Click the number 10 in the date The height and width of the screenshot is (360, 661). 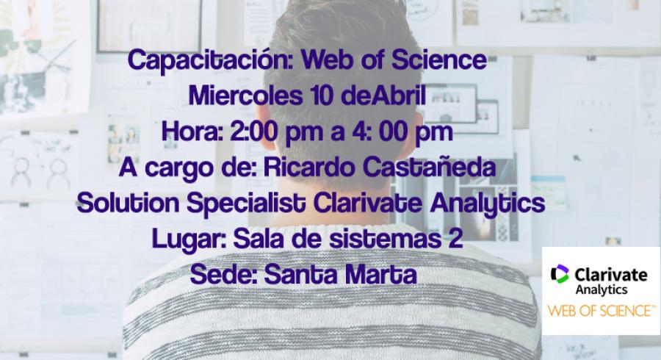pos(322,96)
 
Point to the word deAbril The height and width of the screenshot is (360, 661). pos(383,96)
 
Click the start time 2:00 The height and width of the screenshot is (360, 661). pos(254,132)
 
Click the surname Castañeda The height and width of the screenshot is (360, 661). pos(429,168)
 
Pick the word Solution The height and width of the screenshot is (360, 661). pos(128,204)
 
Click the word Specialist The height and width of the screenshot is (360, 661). pos(246,204)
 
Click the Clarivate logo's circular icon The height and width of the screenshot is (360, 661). pos(560,273)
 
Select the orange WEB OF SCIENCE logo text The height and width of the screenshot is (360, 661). pos(602,311)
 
